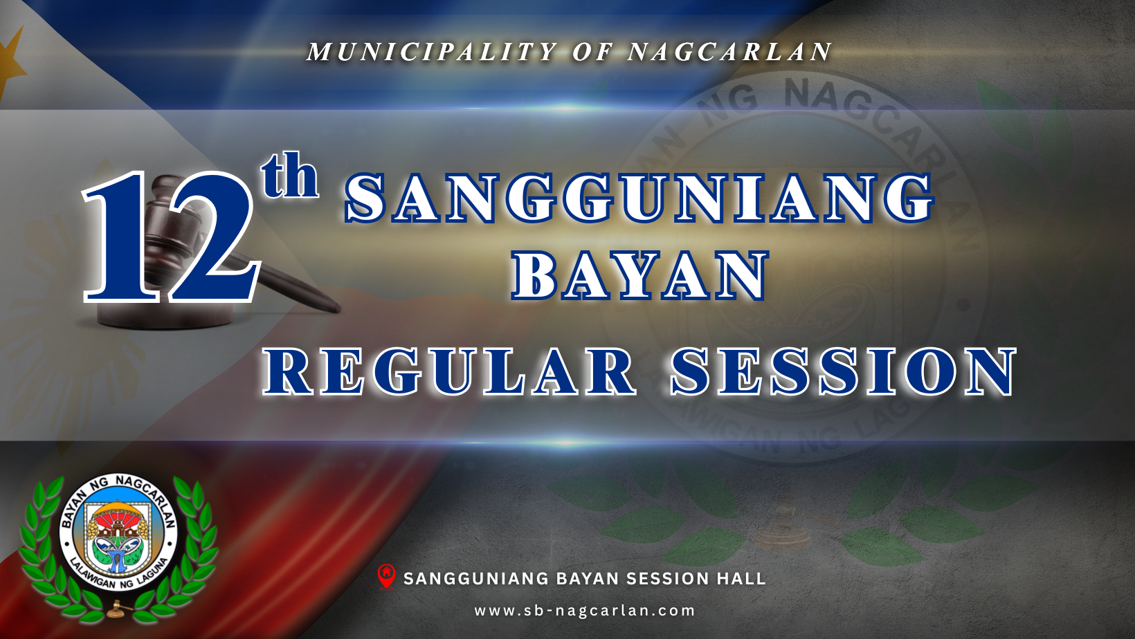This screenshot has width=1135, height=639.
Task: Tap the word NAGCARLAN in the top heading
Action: click(x=729, y=52)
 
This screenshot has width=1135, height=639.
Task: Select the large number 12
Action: click(x=171, y=237)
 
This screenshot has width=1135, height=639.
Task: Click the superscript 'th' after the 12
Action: click(x=290, y=175)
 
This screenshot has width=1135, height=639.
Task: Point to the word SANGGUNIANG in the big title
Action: click(x=639, y=198)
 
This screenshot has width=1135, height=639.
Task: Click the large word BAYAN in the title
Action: click(x=639, y=275)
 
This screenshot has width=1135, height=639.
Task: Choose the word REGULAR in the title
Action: click(x=448, y=371)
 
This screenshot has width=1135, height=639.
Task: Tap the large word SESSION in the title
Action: click(x=843, y=371)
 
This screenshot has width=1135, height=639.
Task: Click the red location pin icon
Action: click(x=386, y=577)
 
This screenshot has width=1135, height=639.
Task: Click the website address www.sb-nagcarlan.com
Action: click(x=585, y=611)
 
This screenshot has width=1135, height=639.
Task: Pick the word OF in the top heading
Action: click(x=593, y=52)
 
